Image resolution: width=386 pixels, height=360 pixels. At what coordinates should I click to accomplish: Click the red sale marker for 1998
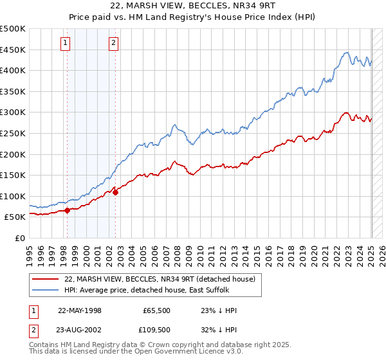coord(67,210)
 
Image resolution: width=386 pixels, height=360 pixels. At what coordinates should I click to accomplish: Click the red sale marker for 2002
coord(115,192)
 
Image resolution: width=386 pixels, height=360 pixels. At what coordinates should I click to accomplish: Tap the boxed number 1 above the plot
coord(66,43)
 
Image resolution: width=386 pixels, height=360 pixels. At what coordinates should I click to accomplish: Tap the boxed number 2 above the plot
coord(113,43)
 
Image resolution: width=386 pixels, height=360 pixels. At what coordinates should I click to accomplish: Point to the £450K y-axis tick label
coord(13,50)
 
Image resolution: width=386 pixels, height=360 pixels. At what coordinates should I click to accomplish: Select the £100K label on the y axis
coord(13,196)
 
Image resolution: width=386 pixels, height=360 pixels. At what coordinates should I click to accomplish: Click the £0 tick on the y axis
coord(20,238)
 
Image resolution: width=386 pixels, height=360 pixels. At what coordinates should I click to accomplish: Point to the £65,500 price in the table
coord(158,310)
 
